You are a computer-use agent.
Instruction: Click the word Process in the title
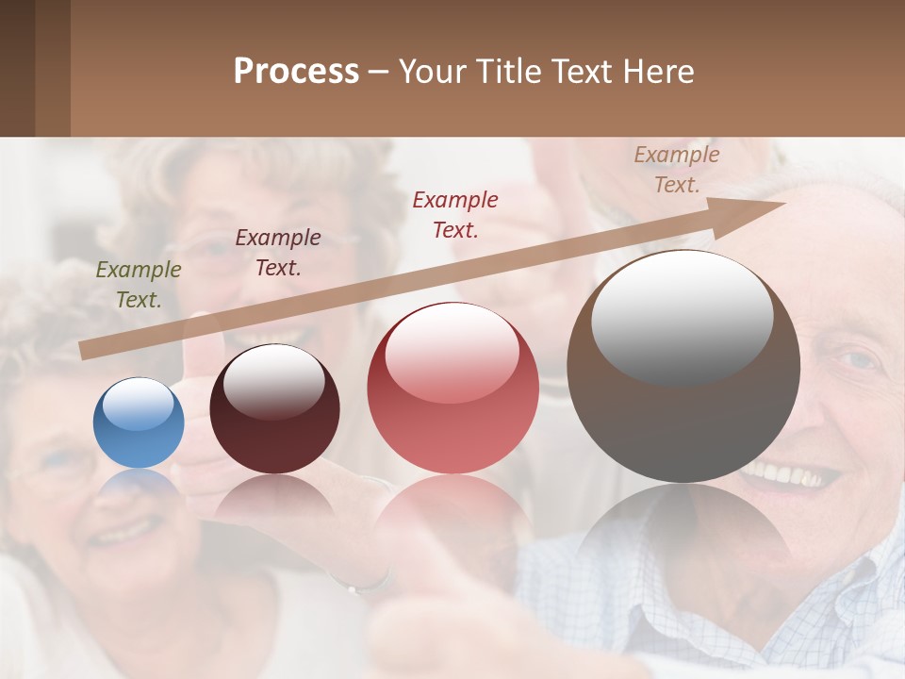pyautogui.click(x=296, y=72)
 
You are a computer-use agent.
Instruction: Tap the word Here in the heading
pyautogui.click(x=656, y=72)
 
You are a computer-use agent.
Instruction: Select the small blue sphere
pyautogui.click(x=139, y=423)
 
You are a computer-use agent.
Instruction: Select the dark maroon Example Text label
pyautogui.click(x=277, y=253)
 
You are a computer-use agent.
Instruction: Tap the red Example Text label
pyautogui.click(x=455, y=214)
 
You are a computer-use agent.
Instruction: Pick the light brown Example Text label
pyautogui.click(x=677, y=170)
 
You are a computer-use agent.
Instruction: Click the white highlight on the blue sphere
pyautogui.click(x=139, y=404)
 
